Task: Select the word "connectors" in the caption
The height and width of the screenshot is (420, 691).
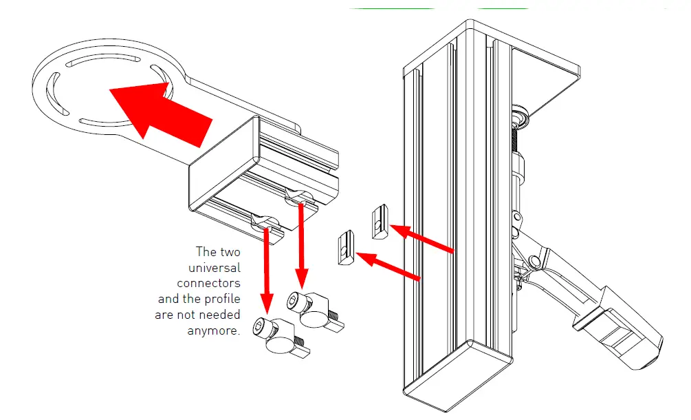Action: (x=208, y=283)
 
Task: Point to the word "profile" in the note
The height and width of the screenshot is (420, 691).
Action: (x=221, y=299)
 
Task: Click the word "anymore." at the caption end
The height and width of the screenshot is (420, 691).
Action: (x=214, y=330)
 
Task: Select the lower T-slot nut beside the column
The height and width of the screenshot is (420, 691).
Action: (x=346, y=248)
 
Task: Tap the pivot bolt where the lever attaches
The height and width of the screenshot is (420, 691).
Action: (x=534, y=261)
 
